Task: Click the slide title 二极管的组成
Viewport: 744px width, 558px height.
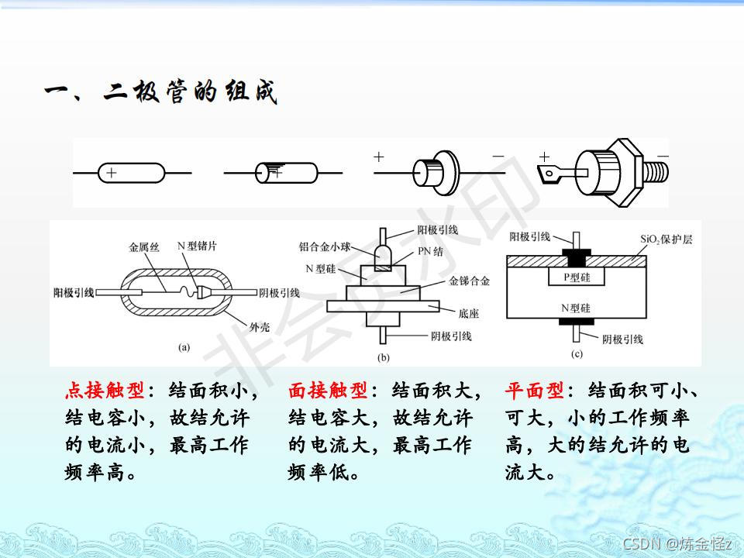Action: click(160, 93)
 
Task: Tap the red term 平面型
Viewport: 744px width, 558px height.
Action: click(535, 390)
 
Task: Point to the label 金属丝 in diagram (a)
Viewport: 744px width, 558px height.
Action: click(143, 249)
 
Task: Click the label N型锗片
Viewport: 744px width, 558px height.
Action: click(197, 246)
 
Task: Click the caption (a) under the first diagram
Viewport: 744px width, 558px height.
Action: click(184, 347)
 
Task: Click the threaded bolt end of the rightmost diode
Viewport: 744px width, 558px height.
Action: click(660, 165)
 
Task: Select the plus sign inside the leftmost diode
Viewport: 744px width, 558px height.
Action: click(112, 173)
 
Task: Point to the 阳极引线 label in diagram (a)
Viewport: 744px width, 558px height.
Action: click(74, 292)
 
